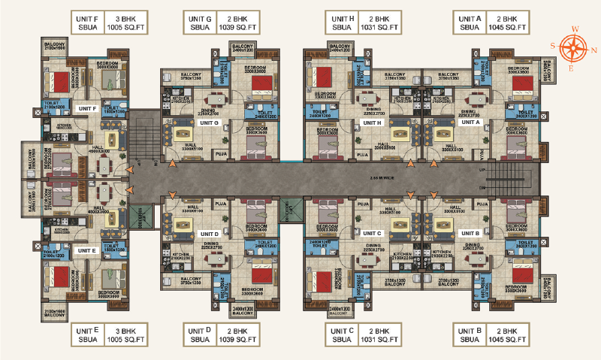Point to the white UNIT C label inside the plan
[x=373, y=233]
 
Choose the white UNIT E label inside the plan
[x=88, y=250]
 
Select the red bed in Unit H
[x=324, y=77]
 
